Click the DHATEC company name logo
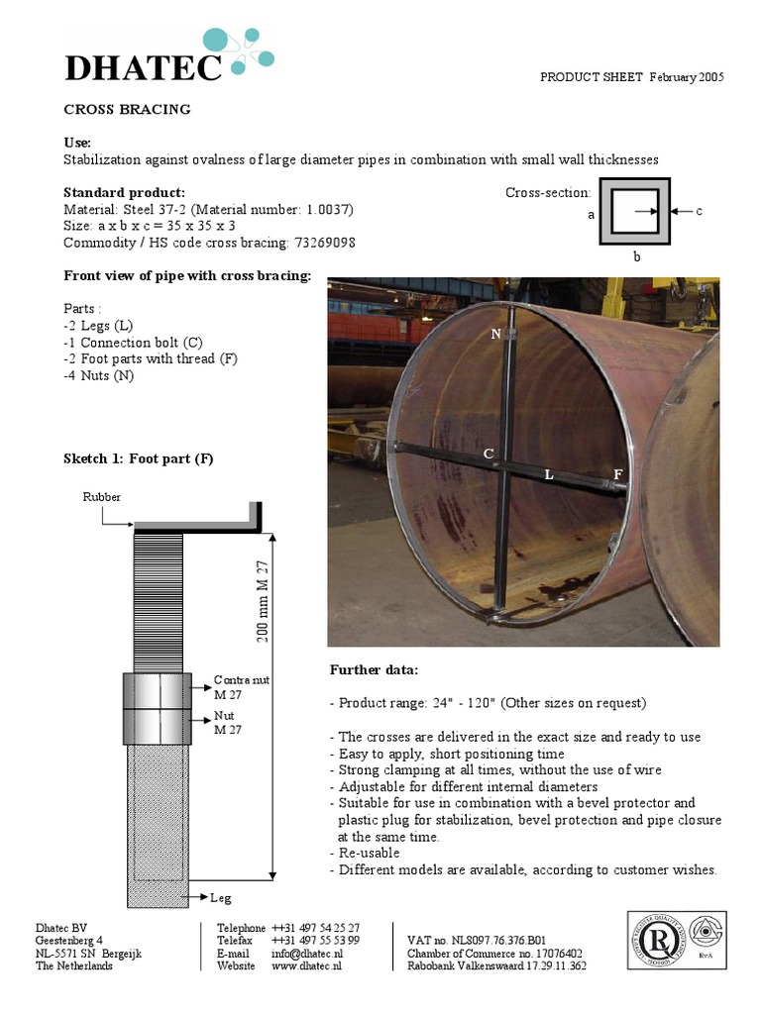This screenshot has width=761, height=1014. [x=144, y=67]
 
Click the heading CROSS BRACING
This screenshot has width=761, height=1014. [x=127, y=110]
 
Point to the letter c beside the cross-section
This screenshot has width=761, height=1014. [x=700, y=211]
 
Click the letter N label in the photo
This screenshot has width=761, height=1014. [x=496, y=334]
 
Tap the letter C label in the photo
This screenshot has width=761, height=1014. [x=488, y=454]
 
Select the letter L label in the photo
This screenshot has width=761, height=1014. [x=548, y=475]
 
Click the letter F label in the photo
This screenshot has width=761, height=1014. [x=617, y=475]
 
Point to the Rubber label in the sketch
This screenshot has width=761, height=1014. [x=101, y=497]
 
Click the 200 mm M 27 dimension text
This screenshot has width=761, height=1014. [x=265, y=599]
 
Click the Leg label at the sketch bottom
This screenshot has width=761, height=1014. [x=220, y=898]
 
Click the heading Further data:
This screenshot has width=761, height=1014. [x=374, y=670]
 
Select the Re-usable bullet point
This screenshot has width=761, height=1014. [x=369, y=853]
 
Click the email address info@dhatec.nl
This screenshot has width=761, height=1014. [x=306, y=954]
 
